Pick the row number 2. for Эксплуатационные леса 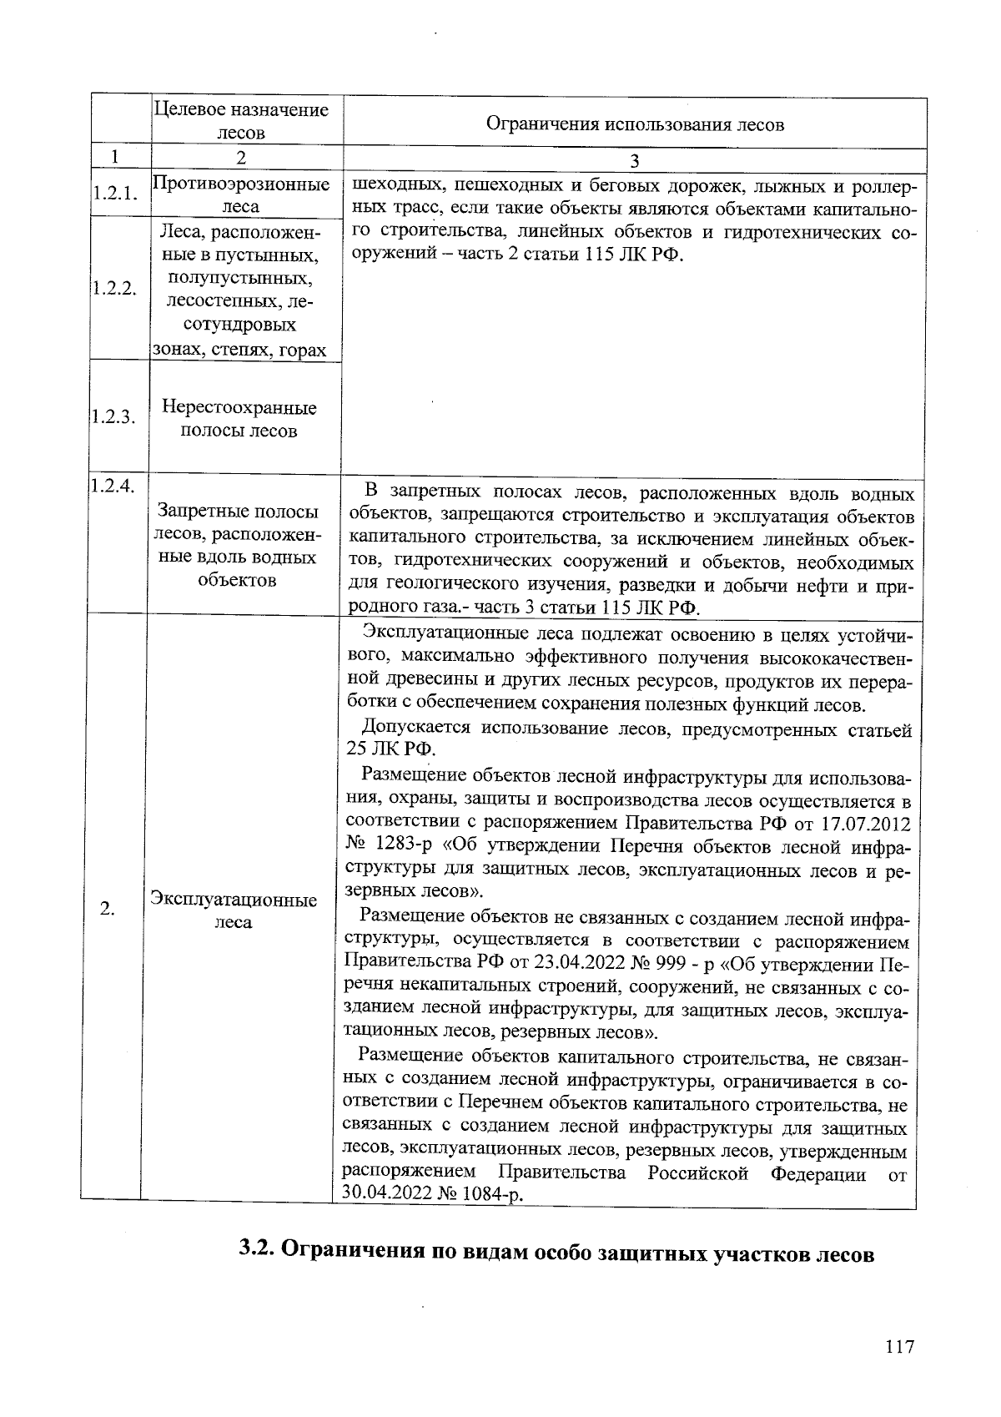click(108, 909)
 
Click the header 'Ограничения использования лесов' click(635, 124)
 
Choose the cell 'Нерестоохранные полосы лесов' click(240, 419)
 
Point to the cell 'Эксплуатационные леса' click(234, 911)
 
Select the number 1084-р click(493, 1194)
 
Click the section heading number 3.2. click(258, 1249)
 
